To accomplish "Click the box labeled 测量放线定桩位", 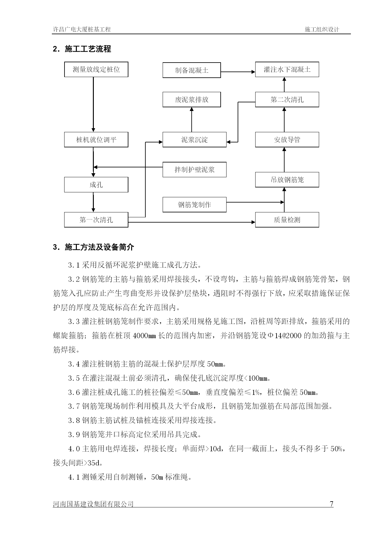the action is pos(96,69).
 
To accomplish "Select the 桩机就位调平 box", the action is pos(96,140).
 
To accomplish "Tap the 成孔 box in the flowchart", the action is pos(96,185).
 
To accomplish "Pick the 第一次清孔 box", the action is pos(96,220).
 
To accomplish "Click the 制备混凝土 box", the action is pos(192,70).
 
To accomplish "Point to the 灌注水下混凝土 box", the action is pos(287,69).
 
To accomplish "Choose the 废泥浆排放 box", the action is pos(192,100).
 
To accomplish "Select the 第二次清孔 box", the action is pos(287,100).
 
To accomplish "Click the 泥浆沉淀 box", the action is pos(194,140).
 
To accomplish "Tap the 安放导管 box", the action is pos(287,140).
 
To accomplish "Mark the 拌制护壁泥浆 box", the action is pos(194,170).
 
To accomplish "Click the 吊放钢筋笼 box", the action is pos(287,180).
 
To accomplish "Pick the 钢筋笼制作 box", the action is pos(194,205).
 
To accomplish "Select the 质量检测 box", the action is pos(287,220).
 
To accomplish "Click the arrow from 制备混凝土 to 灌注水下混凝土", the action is pos(238,72).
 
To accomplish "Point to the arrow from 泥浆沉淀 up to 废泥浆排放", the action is pos(192,120).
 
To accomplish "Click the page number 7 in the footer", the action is pos(332,504).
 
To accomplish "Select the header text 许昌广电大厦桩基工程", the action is pos(82,30).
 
